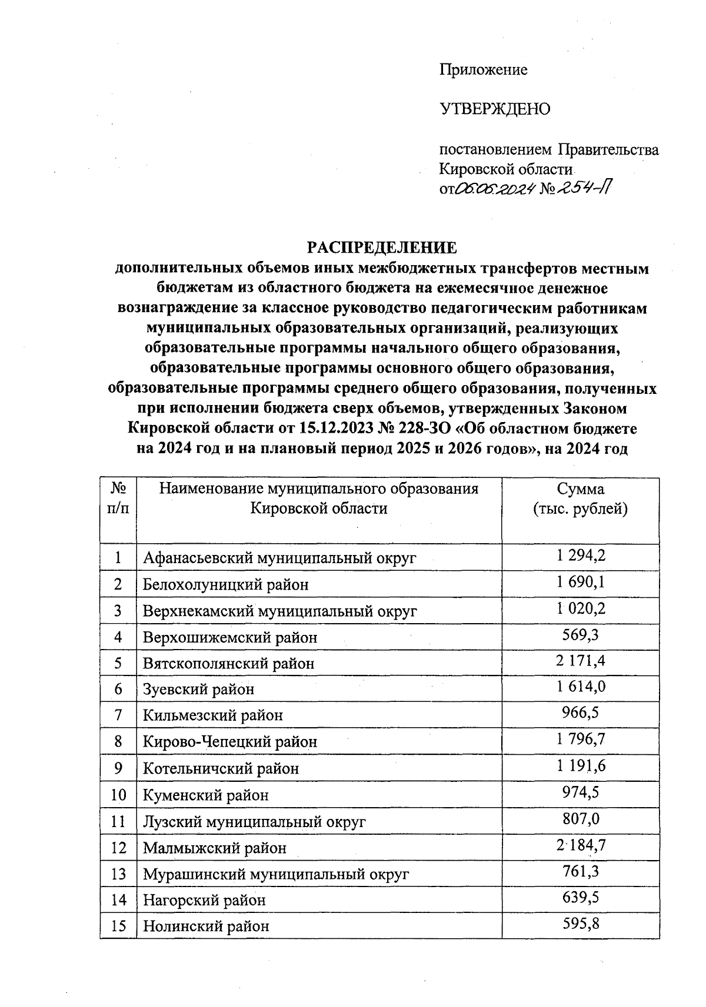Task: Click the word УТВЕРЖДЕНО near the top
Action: pos(495,109)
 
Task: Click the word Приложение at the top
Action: pos(483,70)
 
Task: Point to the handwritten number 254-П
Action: pos(585,188)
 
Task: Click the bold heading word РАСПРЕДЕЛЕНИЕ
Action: pos(382,247)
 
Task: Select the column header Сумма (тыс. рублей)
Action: pos(580,499)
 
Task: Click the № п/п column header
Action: pos(118,499)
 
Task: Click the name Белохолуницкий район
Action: pos(226,584)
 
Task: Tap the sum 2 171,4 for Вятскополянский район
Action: pos(580,661)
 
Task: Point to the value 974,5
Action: pos(580,792)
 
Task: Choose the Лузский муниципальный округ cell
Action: pos(254,821)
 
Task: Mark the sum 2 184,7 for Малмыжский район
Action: pos(580,845)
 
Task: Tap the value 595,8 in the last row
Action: pos(580,924)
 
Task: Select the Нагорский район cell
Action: pos(204,900)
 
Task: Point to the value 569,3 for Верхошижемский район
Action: pos(580,635)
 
